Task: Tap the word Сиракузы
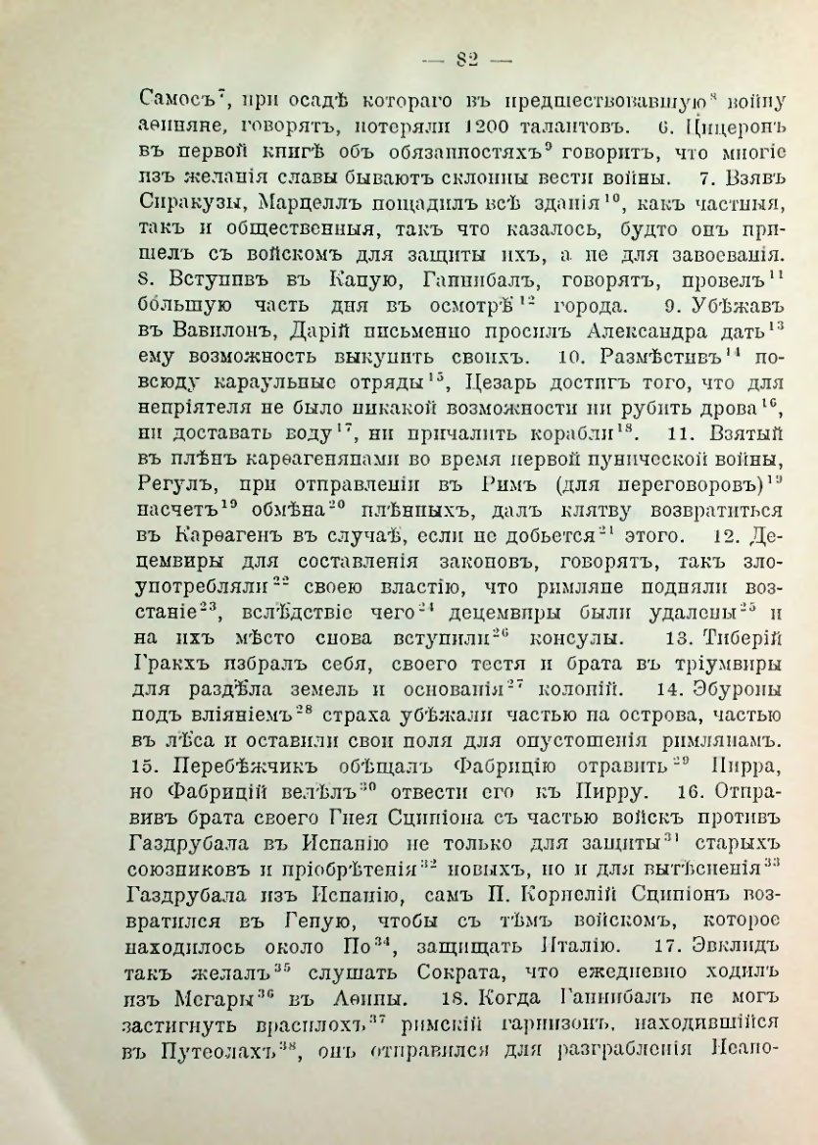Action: pyautogui.click(x=175, y=208)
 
